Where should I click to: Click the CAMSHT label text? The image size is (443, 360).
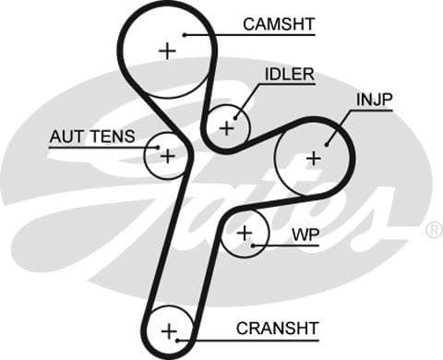[278, 24]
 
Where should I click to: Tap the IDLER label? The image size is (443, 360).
[290, 74]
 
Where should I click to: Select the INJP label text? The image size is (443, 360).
[373, 99]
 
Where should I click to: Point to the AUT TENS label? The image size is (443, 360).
[91, 137]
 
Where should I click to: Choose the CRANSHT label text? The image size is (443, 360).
[277, 328]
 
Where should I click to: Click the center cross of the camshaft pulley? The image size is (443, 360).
[167, 51]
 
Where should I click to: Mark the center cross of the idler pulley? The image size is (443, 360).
[226, 126]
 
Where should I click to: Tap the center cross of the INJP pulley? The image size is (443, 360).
[314, 158]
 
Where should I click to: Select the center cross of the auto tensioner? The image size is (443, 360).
[167, 156]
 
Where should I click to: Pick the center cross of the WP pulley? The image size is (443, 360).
[244, 234]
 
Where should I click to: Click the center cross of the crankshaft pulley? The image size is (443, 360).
[168, 330]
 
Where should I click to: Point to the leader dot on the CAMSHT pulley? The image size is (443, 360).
[186, 35]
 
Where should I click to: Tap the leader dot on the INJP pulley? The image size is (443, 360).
[329, 143]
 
